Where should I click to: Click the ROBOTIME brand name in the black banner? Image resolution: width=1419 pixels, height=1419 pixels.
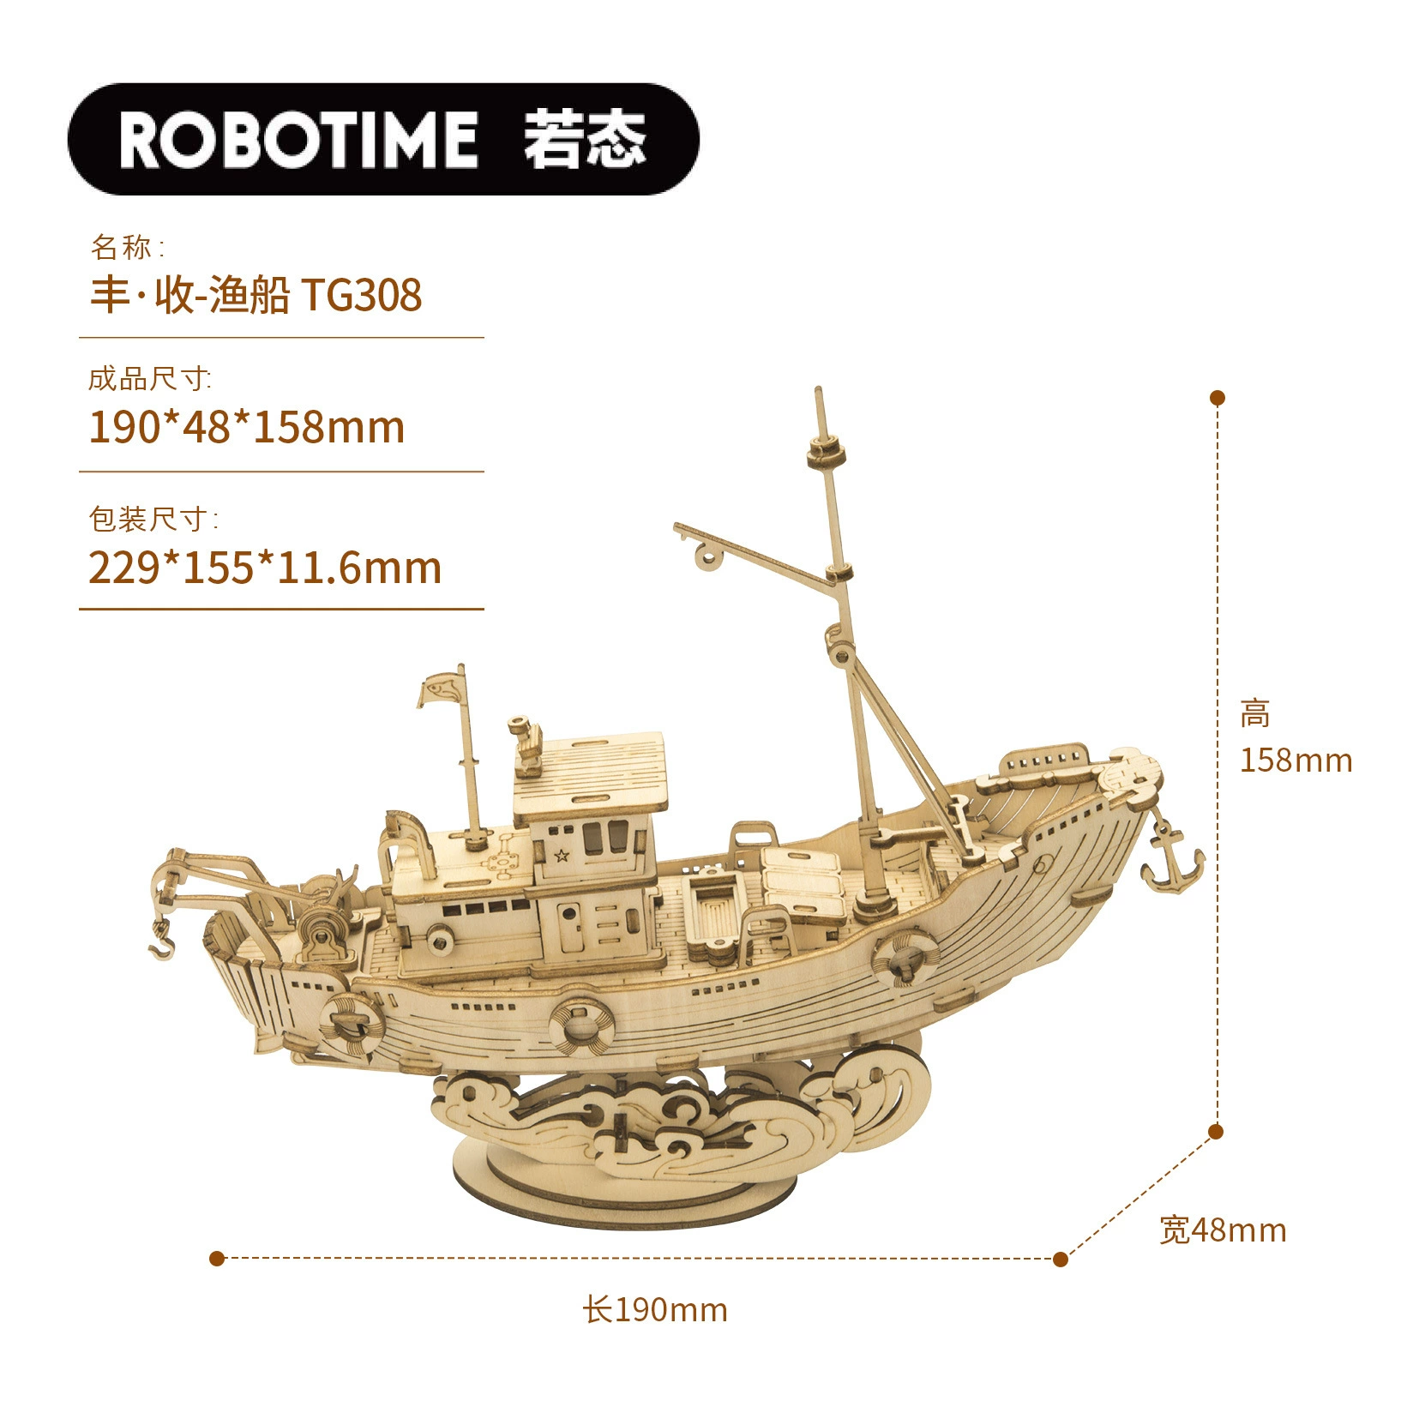click(298, 139)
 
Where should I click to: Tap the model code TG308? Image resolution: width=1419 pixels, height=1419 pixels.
click(361, 296)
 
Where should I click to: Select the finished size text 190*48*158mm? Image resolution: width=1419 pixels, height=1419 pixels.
click(247, 427)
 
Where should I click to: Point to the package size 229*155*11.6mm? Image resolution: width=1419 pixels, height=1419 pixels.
click(265, 568)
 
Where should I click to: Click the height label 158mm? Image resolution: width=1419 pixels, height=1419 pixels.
click(1296, 761)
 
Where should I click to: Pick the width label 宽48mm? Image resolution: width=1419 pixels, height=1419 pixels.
click(1223, 1230)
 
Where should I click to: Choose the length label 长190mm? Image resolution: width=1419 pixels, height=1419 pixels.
click(655, 1310)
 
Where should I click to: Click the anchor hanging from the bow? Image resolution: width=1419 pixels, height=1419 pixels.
click(1171, 857)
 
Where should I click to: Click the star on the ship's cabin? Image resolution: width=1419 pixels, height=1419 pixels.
click(562, 855)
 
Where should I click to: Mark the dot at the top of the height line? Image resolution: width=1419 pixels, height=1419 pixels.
click(1217, 398)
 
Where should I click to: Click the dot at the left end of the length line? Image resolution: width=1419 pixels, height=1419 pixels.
click(217, 1259)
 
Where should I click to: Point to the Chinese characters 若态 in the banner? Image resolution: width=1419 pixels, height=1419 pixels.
click(586, 139)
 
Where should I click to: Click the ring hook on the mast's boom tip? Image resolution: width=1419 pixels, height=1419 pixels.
click(708, 556)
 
